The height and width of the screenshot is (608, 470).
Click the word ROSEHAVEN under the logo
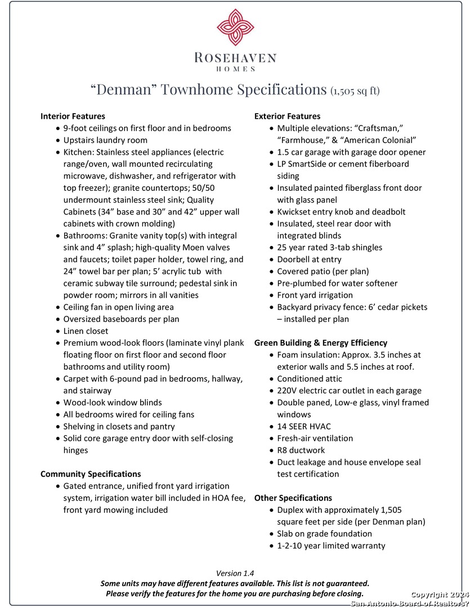(235, 57)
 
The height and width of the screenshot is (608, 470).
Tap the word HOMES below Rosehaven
(235, 69)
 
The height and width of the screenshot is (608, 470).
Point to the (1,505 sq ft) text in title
(355, 91)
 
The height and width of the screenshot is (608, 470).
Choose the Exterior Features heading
(287, 116)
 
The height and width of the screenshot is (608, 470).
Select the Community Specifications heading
(91, 474)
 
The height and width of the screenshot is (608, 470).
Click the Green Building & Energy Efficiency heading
(321, 343)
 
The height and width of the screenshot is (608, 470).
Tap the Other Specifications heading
(293, 498)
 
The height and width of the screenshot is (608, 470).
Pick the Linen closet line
(86, 331)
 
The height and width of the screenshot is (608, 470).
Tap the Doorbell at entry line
(309, 260)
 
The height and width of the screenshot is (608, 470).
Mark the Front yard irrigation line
(315, 295)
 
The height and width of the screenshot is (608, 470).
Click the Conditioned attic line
(309, 379)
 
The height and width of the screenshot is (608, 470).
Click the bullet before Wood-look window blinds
(58, 403)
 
